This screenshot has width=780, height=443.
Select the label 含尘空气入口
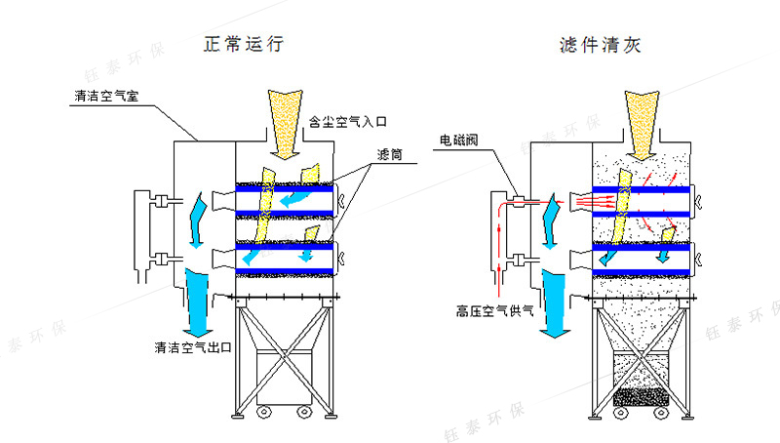(348, 123)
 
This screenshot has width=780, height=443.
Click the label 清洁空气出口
(192, 347)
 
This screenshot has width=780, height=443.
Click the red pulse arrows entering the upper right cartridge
(592, 201)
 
